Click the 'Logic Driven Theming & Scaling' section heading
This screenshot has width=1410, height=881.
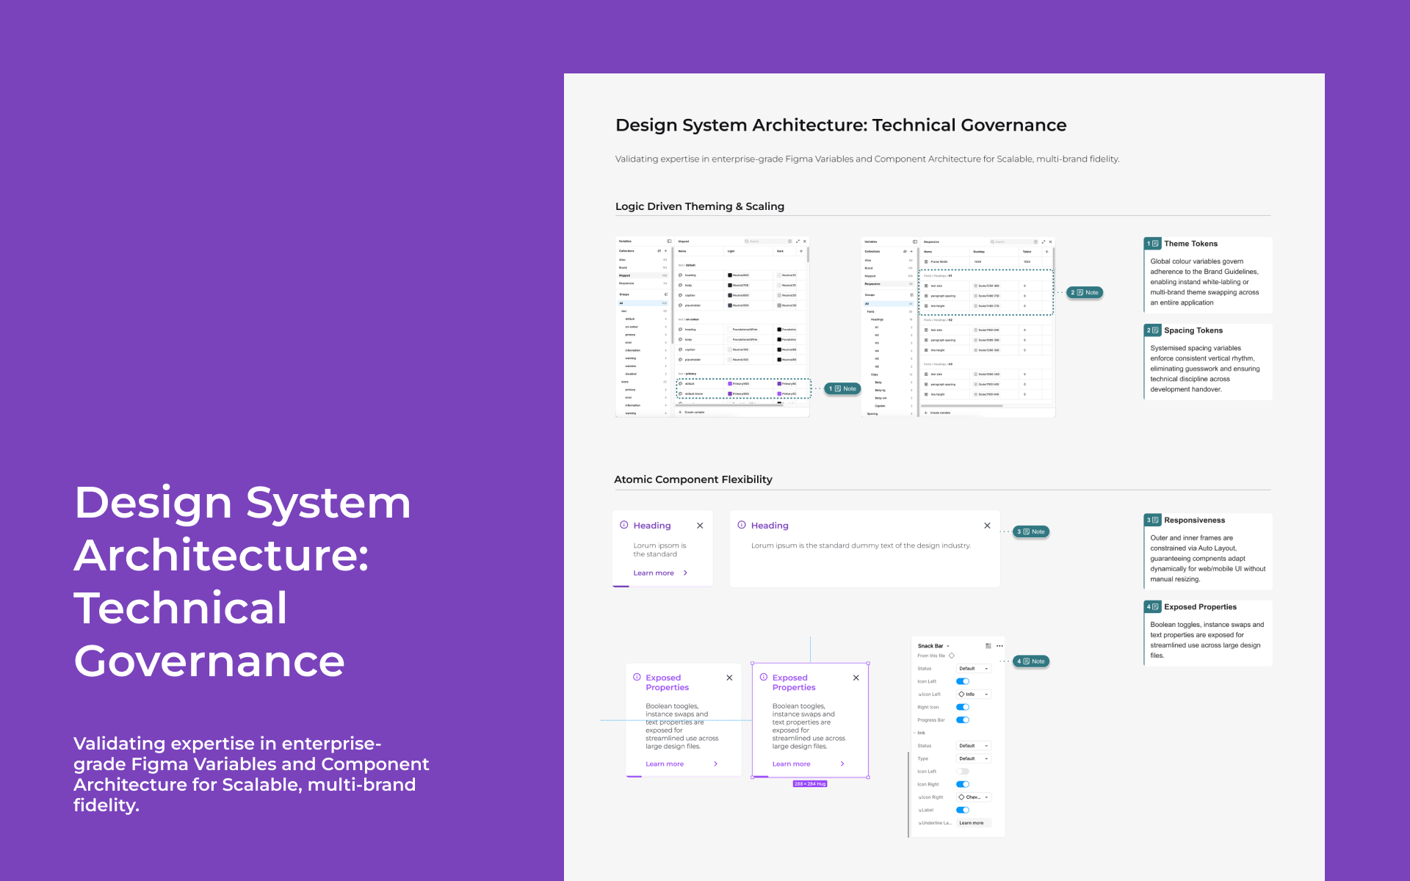tap(699, 206)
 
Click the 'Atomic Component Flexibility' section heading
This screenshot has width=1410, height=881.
tap(693, 479)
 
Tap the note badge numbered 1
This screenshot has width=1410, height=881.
tap(842, 388)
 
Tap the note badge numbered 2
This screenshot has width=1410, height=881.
tap(1085, 292)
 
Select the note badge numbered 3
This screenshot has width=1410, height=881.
tap(1031, 532)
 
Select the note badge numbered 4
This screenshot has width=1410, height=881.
tap(1031, 661)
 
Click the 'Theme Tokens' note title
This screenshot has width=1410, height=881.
tap(1190, 244)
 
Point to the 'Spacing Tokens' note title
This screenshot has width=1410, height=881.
tap(1193, 330)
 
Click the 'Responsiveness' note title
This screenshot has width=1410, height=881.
tap(1194, 521)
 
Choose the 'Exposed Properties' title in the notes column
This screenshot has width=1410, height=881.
tap(1200, 607)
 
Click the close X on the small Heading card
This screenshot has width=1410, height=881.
tap(700, 526)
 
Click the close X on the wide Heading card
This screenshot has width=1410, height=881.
tap(987, 526)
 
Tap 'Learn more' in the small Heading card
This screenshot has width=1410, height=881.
tap(654, 573)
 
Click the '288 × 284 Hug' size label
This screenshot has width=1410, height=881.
tap(810, 784)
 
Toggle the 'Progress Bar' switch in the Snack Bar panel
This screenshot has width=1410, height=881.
tap(963, 720)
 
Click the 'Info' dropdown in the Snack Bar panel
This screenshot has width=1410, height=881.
tap(973, 695)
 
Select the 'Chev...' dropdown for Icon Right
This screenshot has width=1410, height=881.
tap(973, 797)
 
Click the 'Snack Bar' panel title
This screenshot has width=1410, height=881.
tap(930, 646)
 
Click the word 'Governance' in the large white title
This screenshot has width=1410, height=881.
tap(209, 661)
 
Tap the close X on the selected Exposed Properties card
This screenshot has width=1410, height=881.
tap(856, 678)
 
